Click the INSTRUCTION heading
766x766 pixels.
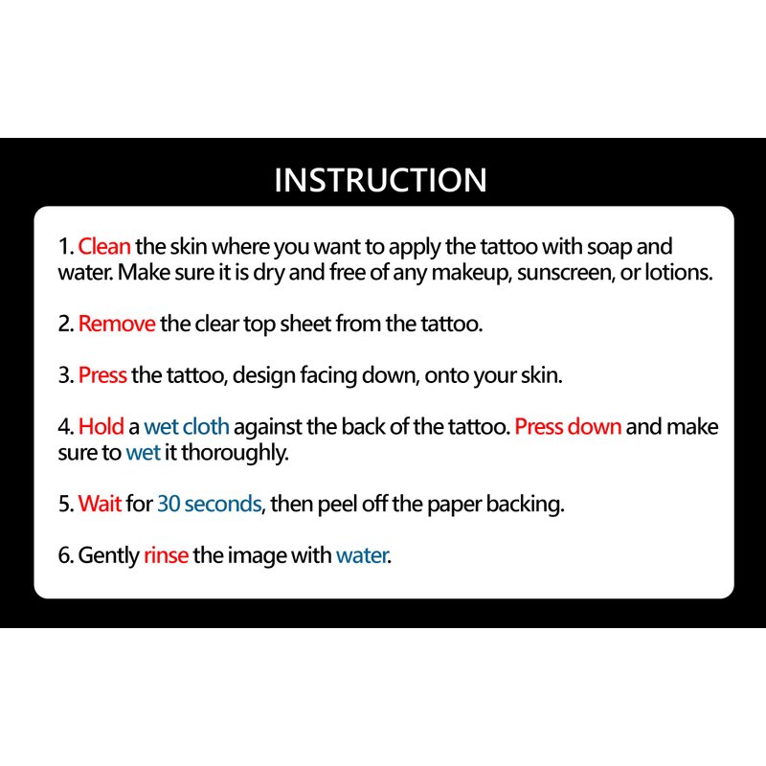380,180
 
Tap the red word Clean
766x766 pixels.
104,246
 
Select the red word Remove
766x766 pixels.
117,324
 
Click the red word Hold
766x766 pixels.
101,426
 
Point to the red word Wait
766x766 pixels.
100,504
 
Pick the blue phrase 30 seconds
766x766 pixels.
210,504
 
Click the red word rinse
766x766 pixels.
166,555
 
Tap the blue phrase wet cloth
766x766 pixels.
187,426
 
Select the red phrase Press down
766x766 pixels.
568,426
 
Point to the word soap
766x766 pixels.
609,247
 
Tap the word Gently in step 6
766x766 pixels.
108,556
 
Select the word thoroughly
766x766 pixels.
235,452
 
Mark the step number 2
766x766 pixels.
65,324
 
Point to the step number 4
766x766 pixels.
65,426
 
